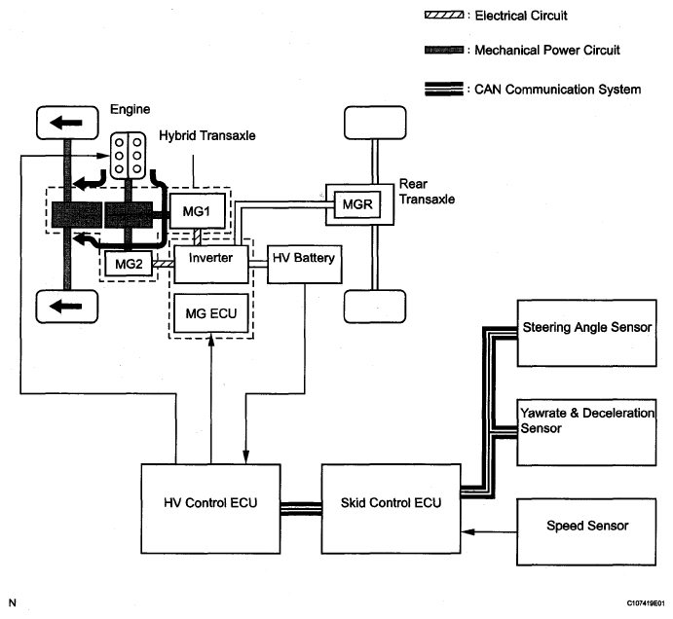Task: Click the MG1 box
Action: tap(198, 210)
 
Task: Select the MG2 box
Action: tap(129, 264)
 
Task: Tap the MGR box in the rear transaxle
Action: tap(357, 204)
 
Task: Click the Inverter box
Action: tap(210, 265)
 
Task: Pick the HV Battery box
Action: tap(304, 265)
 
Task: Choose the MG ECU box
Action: tap(210, 313)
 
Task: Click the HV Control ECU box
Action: tap(210, 508)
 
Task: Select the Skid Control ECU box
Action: tap(391, 508)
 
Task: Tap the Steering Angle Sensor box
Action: tap(586, 333)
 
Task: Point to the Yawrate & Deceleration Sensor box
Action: tap(586, 432)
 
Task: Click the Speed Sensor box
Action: tap(586, 532)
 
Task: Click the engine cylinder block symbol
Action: tap(128, 156)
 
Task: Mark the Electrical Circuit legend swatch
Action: tap(444, 16)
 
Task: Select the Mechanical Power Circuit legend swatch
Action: tap(444, 51)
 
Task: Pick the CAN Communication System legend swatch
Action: tap(444, 89)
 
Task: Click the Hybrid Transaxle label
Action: tap(207, 135)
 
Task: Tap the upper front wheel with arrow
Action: tap(67, 123)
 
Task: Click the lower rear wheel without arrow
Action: tap(375, 307)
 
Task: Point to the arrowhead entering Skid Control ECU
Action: tap(467, 532)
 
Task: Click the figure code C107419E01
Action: tap(646, 603)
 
